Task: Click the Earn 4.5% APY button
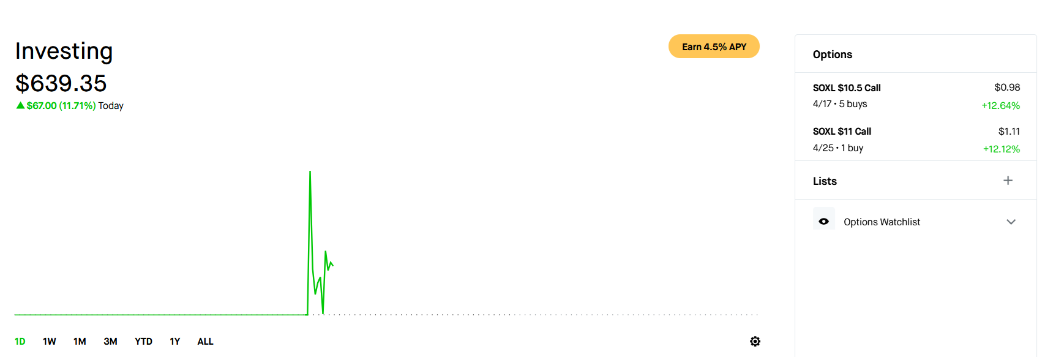pyautogui.click(x=714, y=47)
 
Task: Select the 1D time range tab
pyautogui.click(x=20, y=342)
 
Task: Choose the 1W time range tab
pyautogui.click(x=50, y=342)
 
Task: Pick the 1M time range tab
pyautogui.click(x=80, y=342)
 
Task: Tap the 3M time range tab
pyautogui.click(x=110, y=342)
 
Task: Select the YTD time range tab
pyautogui.click(x=143, y=342)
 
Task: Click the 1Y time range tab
pyautogui.click(x=175, y=342)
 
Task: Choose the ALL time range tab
pyautogui.click(x=205, y=342)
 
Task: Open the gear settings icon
pyautogui.click(x=755, y=342)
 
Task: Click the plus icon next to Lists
pyautogui.click(x=1008, y=181)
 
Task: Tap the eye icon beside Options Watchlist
pyautogui.click(x=824, y=221)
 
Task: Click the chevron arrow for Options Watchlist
pyautogui.click(x=1011, y=222)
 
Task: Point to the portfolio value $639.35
pyautogui.click(x=61, y=83)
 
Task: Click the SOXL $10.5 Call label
pyautogui.click(x=847, y=88)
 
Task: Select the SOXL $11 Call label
pyautogui.click(x=842, y=132)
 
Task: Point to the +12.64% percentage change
pyautogui.click(x=1000, y=105)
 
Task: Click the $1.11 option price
pyautogui.click(x=1009, y=132)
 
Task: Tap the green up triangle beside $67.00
pyautogui.click(x=20, y=105)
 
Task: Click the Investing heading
pyautogui.click(x=64, y=51)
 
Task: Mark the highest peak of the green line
pyautogui.click(x=310, y=172)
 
